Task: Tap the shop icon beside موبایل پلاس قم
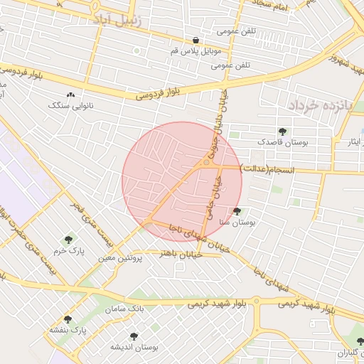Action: [x=196, y=39]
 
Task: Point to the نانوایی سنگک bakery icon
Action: [x=70, y=94]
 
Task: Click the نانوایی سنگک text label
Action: [x=65, y=105]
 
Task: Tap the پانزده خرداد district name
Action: [x=320, y=105]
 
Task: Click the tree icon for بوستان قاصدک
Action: [x=283, y=132]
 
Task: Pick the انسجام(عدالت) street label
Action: [x=267, y=168]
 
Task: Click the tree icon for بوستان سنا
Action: [x=237, y=211]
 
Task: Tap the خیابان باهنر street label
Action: [x=181, y=253]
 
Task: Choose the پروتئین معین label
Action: [x=116, y=258]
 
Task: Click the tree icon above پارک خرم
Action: [x=68, y=240]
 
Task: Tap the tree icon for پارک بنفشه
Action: [x=68, y=319]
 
